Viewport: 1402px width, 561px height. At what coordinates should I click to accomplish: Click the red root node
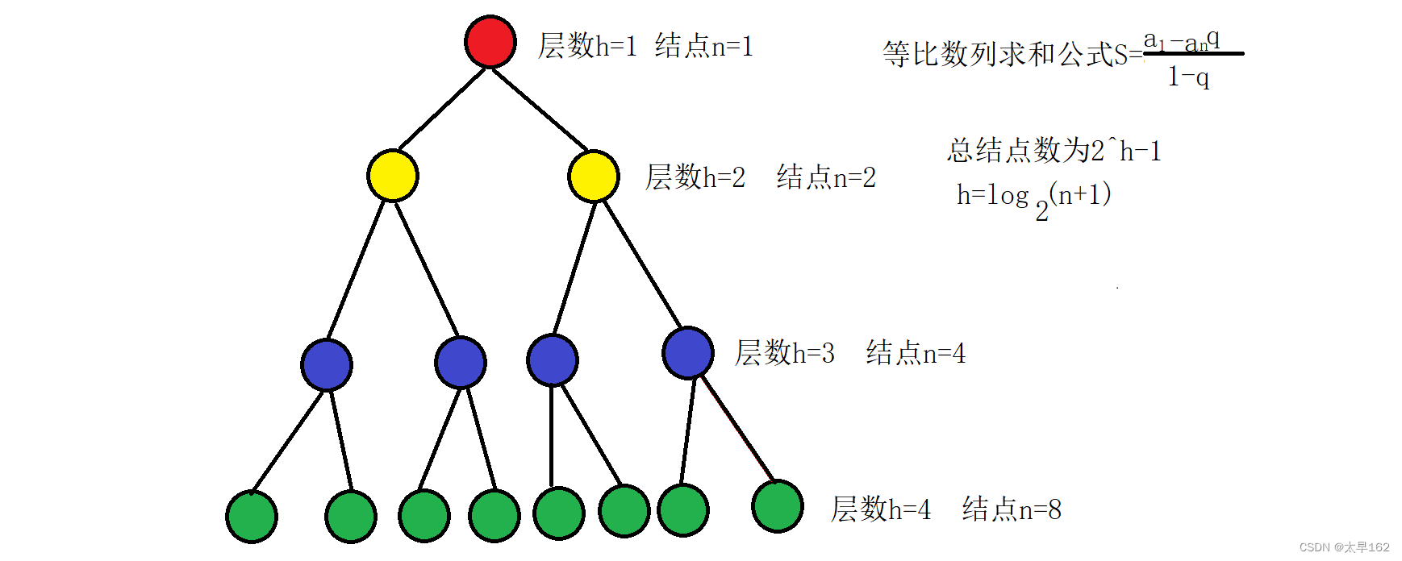tap(490, 41)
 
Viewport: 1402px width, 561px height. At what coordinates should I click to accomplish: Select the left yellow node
tap(393, 176)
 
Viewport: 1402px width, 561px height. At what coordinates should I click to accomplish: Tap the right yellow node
tap(594, 176)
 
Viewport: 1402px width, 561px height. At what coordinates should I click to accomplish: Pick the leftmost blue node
tap(327, 365)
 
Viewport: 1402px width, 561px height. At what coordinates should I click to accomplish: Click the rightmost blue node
tap(688, 352)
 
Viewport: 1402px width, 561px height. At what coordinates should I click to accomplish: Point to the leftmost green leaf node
tap(252, 517)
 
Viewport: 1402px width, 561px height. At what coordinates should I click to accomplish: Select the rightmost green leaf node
tap(778, 506)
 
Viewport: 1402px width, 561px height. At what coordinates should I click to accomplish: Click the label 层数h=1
tap(587, 46)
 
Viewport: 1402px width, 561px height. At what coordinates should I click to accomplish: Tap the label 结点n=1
tap(703, 46)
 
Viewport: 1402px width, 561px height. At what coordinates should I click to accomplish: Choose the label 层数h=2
tap(695, 177)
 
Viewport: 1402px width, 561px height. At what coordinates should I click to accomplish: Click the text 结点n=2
tap(826, 177)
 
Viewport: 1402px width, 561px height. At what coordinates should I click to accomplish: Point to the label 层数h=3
tap(784, 353)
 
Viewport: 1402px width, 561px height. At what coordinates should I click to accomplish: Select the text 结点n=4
tap(916, 353)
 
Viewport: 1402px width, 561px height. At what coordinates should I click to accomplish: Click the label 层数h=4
tap(880, 509)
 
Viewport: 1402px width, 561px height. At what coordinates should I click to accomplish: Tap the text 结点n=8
tap(1012, 509)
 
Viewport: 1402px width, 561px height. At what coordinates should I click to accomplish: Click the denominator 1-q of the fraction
tap(1188, 77)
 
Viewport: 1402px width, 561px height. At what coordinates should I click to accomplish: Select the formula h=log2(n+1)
tap(1033, 198)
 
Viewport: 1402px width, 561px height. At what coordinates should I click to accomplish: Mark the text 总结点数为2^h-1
tap(1054, 151)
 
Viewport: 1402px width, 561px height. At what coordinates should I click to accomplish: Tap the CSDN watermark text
tap(1344, 547)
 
